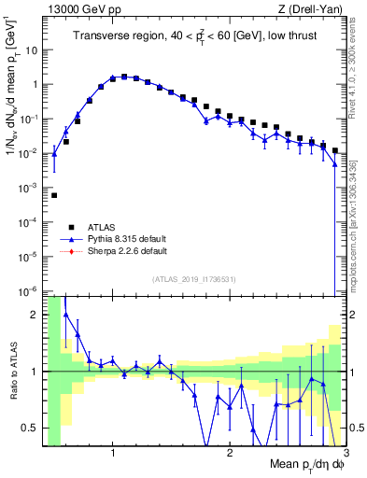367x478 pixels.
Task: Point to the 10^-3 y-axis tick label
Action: click(x=31, y=188)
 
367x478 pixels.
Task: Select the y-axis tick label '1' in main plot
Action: click(x=36, y=84)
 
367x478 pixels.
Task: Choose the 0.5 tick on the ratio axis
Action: click(x=32, y=428)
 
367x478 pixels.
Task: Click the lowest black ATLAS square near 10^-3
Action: click(x=54, y=195)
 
